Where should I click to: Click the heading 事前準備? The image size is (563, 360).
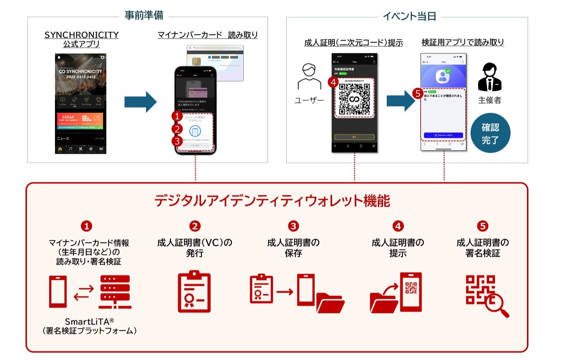[144, 15]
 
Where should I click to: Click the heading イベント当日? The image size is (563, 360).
[409, 16]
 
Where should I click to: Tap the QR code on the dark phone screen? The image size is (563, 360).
[354, 98]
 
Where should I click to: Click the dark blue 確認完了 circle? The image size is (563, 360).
[490, 133]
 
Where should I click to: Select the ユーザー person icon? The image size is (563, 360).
[309, 77]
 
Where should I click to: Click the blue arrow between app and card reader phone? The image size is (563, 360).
[140, 102]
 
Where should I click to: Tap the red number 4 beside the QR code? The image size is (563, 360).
[333, 82]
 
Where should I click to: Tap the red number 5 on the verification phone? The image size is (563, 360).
[418, 93]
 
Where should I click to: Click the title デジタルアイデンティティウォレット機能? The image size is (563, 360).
[272, 201]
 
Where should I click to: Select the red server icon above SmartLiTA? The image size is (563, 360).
[115, 292]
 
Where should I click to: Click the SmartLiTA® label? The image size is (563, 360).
[90, 322]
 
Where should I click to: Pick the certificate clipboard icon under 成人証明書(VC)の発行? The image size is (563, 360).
[194, 291]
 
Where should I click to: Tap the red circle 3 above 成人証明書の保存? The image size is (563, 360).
[293, 226]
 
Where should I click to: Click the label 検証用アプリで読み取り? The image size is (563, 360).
[462, 42]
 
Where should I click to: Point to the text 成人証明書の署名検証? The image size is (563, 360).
[483, 248]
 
